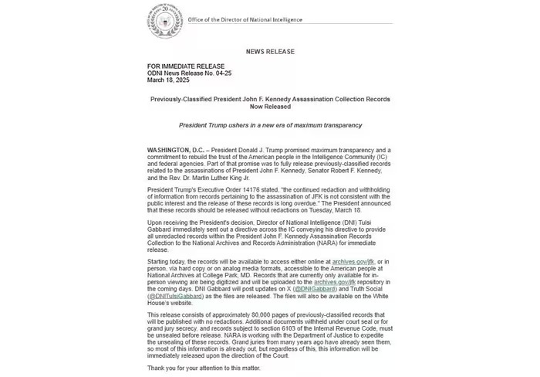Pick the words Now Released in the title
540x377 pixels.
tap(269, 107)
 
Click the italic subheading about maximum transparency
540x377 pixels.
tap(270, 125)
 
